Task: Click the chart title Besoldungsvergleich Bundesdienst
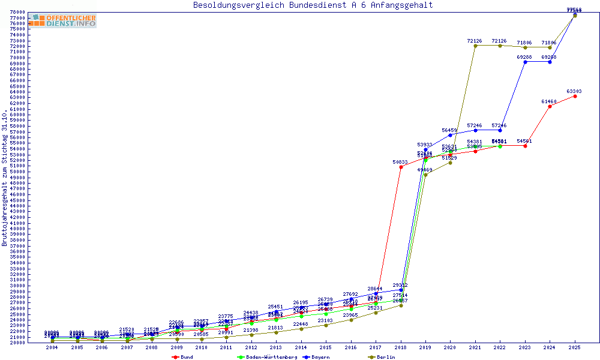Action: (313, 5)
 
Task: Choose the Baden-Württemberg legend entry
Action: (267, 357)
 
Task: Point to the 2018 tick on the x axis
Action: (400, 347)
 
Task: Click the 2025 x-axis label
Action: (575, 347)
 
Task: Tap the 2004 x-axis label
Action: (52, 347)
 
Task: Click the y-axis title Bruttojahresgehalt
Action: (5, 178)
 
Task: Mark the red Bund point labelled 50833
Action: (401, 167)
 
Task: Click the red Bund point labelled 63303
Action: (575, 96)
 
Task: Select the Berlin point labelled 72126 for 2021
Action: (475, 46)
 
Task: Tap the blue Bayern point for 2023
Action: (525, 62)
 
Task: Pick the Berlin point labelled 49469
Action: (425, 175)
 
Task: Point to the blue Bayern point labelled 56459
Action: (450, 135)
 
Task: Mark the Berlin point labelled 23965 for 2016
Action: (351, 320)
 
